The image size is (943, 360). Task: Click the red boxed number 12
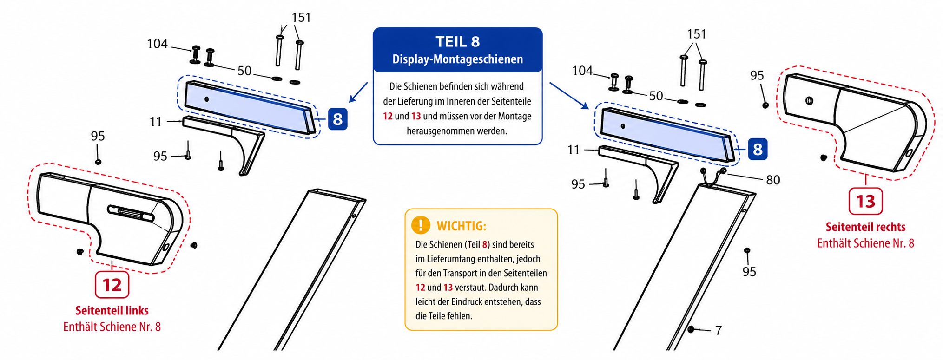pos(112,285)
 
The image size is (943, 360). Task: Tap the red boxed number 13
pos(865,201)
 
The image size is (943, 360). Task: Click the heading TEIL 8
pos(457,42)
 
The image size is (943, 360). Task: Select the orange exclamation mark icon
pos(421,225)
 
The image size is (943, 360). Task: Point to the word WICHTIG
pos(461,226)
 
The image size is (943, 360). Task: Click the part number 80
pos(773,180)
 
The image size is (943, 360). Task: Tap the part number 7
pos(719,330)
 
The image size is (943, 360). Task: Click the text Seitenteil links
pos(112,310)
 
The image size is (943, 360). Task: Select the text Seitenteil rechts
pos(865,227)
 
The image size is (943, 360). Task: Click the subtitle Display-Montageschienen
pos(457,59)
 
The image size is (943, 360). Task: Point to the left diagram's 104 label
pos(157,44)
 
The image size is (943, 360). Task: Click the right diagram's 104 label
pos(582,71)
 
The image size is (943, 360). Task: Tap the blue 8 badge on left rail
pos(337,119)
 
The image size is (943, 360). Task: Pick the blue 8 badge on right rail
pos(758,149)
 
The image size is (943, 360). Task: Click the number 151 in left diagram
pos(301,18)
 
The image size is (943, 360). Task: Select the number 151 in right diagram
pos(697,34)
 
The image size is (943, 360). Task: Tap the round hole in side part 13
pos(809,100)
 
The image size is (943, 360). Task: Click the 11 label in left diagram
pos(156,122)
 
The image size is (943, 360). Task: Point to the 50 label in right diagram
pos(656,96)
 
